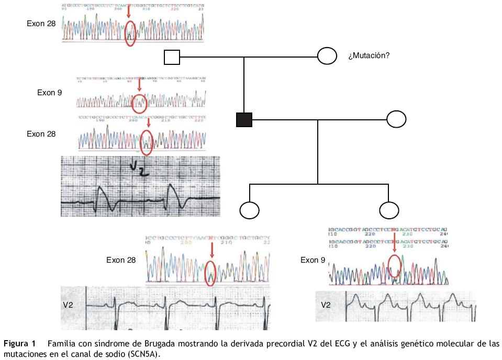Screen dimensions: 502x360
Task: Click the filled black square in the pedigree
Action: pos(244,120)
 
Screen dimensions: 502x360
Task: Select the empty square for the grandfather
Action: pos(172,57)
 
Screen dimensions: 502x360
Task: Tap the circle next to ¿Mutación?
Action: pos(327,55)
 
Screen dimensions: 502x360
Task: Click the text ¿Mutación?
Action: pos(369,55)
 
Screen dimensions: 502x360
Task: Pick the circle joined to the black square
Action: pos(396,119)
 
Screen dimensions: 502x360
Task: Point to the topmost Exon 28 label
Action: pos(41,24)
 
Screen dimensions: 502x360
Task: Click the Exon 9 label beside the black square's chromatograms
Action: pos(50,93)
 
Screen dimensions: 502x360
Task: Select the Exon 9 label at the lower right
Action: pos(313,260)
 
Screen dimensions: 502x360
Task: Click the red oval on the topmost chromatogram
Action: pos(130,33)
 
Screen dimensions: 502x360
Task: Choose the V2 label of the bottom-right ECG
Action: pos(326,305)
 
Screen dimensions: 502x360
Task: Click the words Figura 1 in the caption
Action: pos(20,344)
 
